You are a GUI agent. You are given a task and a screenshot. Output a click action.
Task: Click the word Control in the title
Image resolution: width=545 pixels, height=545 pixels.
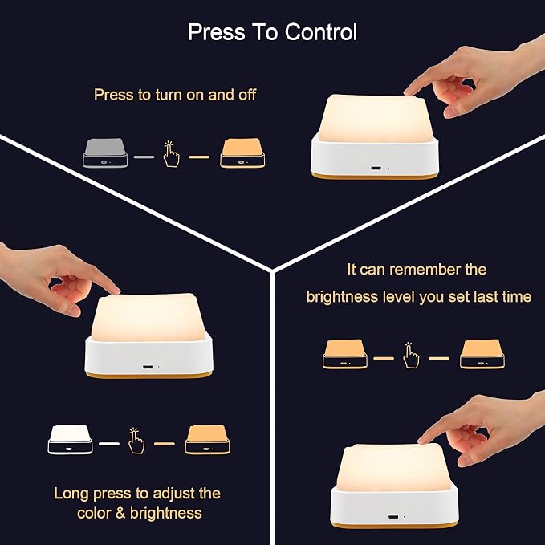click(x=321, y=32)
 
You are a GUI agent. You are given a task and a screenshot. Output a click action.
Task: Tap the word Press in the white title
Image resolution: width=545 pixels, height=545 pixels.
click(x=216, y=32)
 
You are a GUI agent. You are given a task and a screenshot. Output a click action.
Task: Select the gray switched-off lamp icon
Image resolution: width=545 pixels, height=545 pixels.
click(x=105, y=153)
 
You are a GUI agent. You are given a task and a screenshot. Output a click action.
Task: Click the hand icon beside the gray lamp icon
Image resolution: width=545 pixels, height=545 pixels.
click(x=171, y=154)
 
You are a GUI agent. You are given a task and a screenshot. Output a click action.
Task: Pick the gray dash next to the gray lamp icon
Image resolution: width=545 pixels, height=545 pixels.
click(x=144, y=157)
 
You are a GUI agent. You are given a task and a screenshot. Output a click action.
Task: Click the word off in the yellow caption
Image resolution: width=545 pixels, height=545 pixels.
click(x=247, y=95)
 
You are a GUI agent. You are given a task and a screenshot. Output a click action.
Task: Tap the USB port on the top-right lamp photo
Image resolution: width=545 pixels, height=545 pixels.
click(x=376, y=169)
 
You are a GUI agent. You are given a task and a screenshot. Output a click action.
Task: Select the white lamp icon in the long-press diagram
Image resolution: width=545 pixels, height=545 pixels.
click(x=70, y=439)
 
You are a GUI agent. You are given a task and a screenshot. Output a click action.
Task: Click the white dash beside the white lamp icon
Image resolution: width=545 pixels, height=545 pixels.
click(x=109, y=444)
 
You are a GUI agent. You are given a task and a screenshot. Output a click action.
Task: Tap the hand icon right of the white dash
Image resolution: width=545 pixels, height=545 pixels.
click(x=136, y=441)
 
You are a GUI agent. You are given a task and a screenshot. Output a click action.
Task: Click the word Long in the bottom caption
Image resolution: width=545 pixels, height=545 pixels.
click(x=71, y=494)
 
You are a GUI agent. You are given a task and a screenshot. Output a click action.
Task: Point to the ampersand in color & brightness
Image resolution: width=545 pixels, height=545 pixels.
click(x=120, y=514)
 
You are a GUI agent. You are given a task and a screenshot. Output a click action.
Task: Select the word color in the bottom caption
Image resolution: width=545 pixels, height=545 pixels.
click(x=93, y=514)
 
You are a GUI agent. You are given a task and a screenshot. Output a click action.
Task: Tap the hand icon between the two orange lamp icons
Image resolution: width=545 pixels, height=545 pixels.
click(x=411, y=355)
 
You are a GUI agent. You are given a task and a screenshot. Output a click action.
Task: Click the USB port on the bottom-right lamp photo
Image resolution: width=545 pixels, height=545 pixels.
click(x=393, y=517)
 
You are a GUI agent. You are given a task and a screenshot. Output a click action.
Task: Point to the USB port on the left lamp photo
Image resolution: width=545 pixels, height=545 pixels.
click(x=148, y=367)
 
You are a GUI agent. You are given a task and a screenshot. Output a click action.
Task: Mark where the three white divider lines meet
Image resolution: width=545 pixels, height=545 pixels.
click(x=272, y=270)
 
